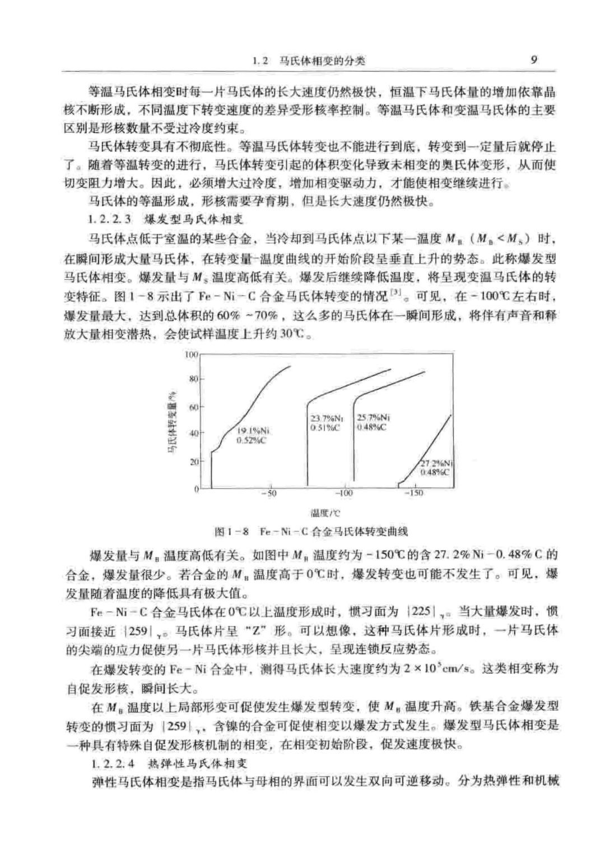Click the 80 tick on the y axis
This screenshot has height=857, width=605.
193,379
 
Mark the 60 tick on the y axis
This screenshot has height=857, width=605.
193,407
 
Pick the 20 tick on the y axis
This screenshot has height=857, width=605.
193,462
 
